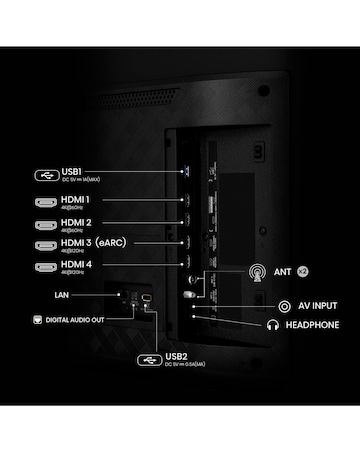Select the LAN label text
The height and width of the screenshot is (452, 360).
(x=63, y=296)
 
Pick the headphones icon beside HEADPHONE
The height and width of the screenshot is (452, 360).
(x=273, y=325)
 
